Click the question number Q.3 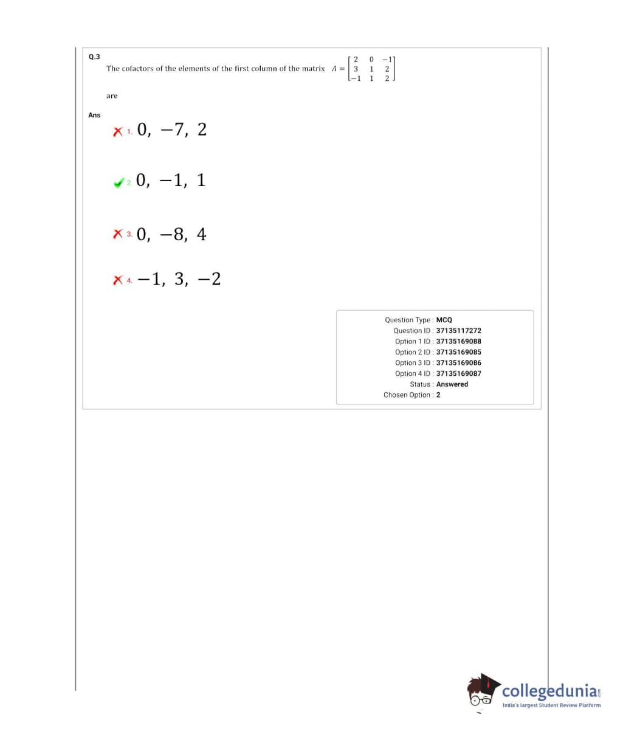94,57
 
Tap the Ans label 94,115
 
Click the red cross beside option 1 117,131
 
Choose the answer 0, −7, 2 172,130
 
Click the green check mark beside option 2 119,182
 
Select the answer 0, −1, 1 171,180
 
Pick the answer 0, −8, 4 172,234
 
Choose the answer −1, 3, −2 179,279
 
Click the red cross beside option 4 117,280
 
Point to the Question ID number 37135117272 458,331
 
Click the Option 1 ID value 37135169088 458,341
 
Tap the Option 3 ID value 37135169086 458,363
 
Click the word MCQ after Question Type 444,320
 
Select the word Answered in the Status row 452,384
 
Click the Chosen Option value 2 438,395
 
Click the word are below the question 112,96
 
